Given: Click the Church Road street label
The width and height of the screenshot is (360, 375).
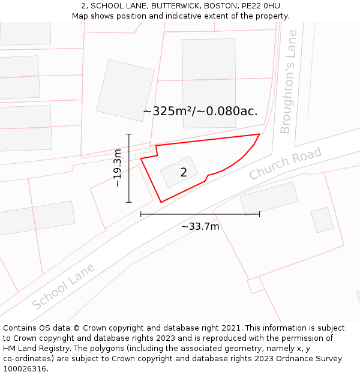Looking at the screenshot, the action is point(286,163).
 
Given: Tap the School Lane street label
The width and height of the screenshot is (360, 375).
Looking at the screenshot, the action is point(64,286).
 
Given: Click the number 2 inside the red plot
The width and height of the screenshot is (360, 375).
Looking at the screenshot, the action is point(184,173).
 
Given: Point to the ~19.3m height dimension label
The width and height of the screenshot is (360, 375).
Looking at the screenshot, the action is point(118,168).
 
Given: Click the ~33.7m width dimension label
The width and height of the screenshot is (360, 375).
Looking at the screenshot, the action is point(200,226).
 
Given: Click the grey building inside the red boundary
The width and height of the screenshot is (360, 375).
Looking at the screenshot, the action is point(179,172).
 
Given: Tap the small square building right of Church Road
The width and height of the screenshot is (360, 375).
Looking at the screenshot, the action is point(322,220).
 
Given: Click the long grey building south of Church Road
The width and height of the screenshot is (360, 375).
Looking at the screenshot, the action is point(269,198).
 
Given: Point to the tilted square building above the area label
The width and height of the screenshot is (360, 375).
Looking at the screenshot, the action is point(125,90).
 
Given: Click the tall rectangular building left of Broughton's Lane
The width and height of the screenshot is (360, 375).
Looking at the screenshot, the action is point(209,74).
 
